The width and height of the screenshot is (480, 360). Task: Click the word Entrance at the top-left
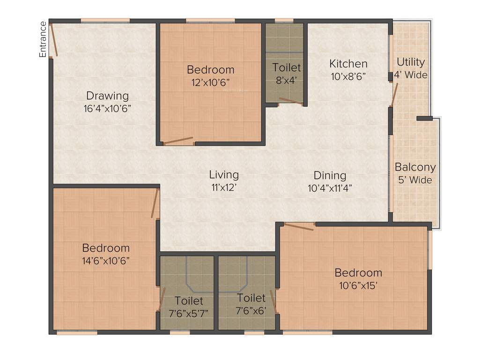pyautogui.click(x=43, y=39)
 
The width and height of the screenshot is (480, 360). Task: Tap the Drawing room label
pyautogui.click(x=107, y=96)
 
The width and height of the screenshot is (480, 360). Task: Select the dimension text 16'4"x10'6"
pyautogui.click(x=107, y=108)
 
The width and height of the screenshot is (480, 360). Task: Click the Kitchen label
pyautogui.click(x=348, y=63)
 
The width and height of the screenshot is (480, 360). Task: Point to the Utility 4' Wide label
pyautogui.click(x=411, y=68)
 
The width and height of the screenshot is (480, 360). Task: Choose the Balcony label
pyautogui.click(x=415, y=167)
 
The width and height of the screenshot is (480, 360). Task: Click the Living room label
pyautogui.click(x=224, y=175)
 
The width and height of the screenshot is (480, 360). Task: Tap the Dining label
pyautogui.click(x=330, y=175)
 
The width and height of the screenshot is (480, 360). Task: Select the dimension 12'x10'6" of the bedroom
pyautogui.click(x=210, y=82)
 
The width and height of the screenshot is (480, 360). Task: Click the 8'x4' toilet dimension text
pyautogui.click(x=287, y=80)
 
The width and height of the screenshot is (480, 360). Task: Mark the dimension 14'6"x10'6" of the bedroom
pyautogui.click(x=106, y=261)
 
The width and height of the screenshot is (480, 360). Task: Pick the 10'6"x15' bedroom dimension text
pyautogui.click(x=358, y=285)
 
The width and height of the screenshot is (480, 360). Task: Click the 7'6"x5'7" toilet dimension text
pyautogui.click(x=189, y=312)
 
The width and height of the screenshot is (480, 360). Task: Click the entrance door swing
pyautogui.click(x=54, y=40)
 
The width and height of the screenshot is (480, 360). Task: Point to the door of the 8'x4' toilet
pyautogui.click(x=290, y=100)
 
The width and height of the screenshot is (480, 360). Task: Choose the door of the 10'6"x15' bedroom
pyautogui.click(x=299, y=227)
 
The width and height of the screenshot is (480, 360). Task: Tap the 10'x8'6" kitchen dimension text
pyautogui.click(x=348, y=75)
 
